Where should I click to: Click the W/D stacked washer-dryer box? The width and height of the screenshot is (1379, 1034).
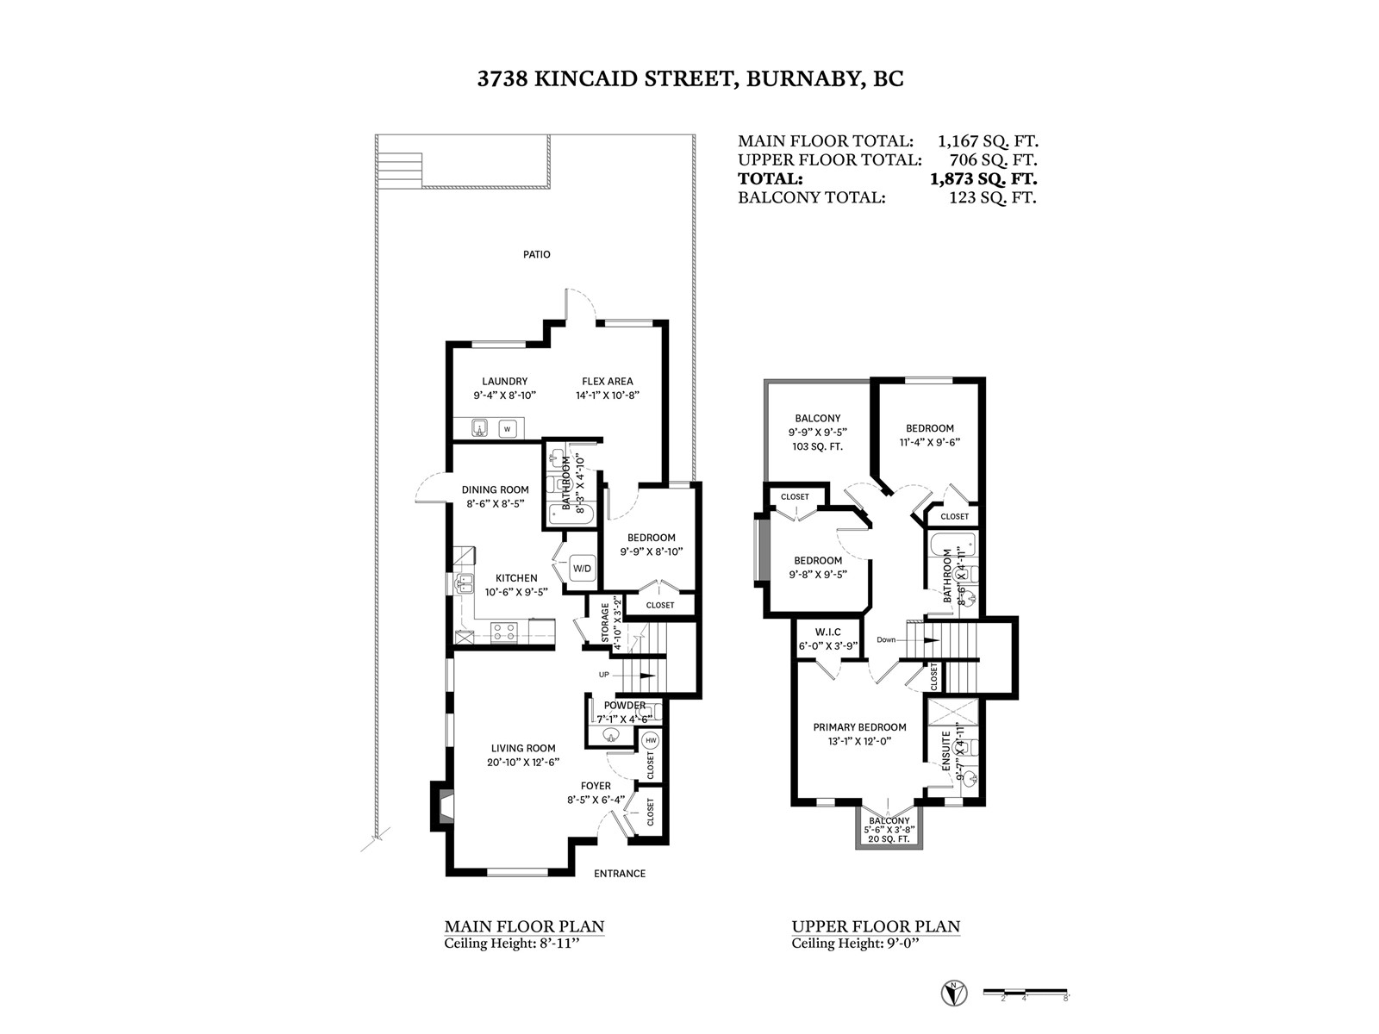582,569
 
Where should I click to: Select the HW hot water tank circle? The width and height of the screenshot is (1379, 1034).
650,741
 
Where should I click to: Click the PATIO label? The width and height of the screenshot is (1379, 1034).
537,254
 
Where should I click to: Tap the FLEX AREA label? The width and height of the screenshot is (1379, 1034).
608,381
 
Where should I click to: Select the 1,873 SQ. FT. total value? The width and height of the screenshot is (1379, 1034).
983,179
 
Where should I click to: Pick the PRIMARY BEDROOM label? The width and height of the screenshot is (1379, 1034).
859,727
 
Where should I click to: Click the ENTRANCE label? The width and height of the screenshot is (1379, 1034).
620,873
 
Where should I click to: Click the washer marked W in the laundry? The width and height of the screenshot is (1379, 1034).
508,429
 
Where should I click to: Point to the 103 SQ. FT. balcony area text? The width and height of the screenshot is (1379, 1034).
817,447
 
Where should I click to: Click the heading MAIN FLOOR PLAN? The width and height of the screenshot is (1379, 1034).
524,926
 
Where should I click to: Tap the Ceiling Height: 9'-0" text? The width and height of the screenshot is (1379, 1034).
855,944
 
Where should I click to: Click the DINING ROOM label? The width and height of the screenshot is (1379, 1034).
495,489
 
